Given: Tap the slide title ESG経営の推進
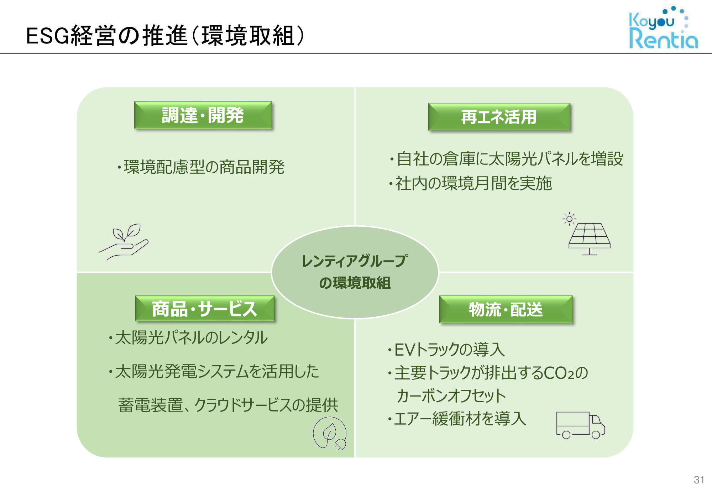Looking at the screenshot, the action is click(106, 36).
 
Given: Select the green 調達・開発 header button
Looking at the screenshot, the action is click(203, 115).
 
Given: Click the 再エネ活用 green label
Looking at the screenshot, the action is click(499, 117).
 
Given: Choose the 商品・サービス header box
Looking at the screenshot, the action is click(205, 308).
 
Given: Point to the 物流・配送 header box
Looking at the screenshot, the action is click(506, 309).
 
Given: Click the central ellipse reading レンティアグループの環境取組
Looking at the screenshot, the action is click(355, 272).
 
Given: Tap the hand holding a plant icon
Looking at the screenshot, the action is click(124, 242).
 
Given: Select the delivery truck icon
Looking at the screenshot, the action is click(581, 425).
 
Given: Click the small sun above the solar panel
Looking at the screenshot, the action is click(569, 219).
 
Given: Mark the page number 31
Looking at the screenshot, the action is click(699, 480).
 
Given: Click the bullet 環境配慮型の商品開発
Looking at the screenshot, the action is click(201, 167).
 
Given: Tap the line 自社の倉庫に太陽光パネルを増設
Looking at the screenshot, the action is click(506, 159).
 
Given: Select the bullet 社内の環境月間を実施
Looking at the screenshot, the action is click(470, 184).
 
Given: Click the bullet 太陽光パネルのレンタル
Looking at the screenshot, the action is click(188, 337).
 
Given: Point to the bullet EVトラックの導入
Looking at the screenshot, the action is click(446, 350).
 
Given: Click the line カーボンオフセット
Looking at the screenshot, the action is click(451, 396).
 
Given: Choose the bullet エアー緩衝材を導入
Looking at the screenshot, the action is click(457, 419).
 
